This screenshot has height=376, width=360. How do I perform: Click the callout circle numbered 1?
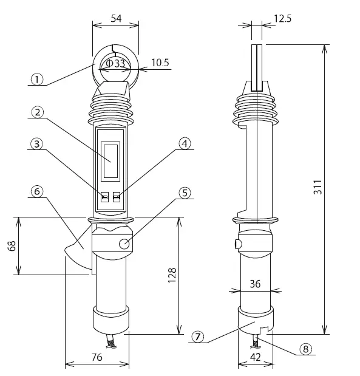(37, 78)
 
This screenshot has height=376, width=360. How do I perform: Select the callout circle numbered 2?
(37, 112)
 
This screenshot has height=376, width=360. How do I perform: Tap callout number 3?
(37, 144)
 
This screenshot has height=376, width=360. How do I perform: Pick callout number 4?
(184, 144)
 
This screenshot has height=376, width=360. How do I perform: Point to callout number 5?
(184, 193)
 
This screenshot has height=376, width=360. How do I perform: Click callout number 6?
(37, 191)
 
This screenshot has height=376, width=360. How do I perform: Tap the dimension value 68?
(12, 246)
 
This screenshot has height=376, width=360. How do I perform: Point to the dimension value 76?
(96, 358)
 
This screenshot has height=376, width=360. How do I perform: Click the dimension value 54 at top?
(115, 18)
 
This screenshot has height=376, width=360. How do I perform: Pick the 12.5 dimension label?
(282, 19)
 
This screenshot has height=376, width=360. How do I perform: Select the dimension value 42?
(255, 358)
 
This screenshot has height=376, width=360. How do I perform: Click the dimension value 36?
(255, 284)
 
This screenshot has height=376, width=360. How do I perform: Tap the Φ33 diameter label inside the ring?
(115, 63)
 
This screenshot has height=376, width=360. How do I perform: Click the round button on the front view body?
(124, 244)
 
